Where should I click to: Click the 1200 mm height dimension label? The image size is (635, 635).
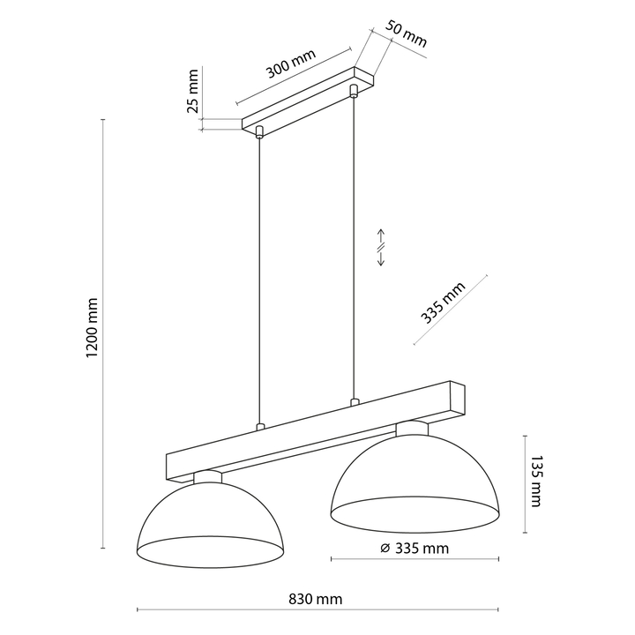tap(93, 328)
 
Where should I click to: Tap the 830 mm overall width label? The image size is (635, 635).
tap(315, 599)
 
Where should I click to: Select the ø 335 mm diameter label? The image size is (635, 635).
tap(415, 549)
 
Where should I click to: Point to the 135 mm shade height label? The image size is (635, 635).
tap(535, 482)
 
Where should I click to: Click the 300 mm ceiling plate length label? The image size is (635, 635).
tap(290, 63)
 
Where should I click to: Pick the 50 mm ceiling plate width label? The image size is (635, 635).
tap(406, 34)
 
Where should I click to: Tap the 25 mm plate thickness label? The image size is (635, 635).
tap(193, 91)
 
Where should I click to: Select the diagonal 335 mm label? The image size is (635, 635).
tap(443, 303)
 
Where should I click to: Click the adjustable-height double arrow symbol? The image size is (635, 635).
tap(381, 248)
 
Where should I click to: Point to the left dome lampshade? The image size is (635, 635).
tap(210, 522)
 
